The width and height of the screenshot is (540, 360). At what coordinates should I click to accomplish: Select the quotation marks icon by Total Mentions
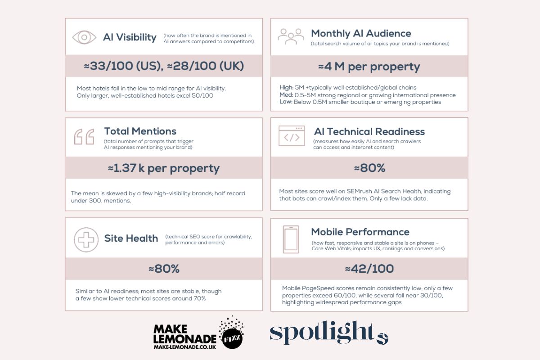coord(84,136)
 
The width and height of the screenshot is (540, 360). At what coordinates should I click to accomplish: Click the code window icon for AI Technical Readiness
coord(292,136)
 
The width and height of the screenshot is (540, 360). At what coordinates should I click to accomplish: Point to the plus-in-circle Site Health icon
coord(86,239)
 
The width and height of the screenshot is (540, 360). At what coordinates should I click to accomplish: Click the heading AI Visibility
coord(130,37)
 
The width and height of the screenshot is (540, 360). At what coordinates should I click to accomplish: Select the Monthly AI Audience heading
coord(361,33)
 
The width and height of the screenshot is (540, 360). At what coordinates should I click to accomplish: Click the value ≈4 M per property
coord(369,67)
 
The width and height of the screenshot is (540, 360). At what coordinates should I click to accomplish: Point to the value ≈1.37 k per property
coord(164,168)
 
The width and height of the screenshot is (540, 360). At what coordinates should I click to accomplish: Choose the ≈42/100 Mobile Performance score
coord(369,269)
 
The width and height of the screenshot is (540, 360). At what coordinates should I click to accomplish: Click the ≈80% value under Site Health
coord(164,269)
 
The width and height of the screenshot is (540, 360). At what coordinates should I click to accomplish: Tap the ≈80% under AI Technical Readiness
coord(369,168)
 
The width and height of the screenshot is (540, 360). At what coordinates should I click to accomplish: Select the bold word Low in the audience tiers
coord(285,102)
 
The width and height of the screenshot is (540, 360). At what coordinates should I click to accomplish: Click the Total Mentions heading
coord(140,131)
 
